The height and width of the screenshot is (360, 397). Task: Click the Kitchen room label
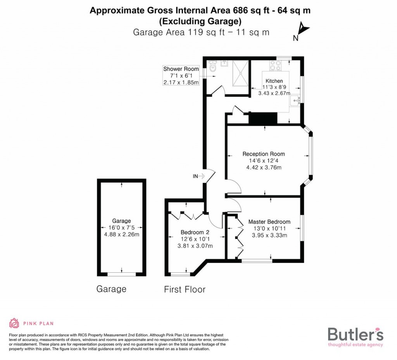coord(274,81)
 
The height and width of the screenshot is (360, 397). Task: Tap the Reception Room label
coord(264,154)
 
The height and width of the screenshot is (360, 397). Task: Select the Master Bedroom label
coord(269,222)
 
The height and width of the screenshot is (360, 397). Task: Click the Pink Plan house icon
coord(14,323)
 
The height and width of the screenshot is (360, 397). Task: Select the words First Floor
coord(185,289)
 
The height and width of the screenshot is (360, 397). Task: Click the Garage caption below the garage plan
coord(111,289)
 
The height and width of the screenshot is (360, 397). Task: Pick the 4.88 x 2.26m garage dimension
coord(122,234)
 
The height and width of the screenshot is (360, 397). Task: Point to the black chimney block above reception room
coord(263,118)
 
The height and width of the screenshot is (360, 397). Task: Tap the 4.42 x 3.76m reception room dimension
coord(264,168)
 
